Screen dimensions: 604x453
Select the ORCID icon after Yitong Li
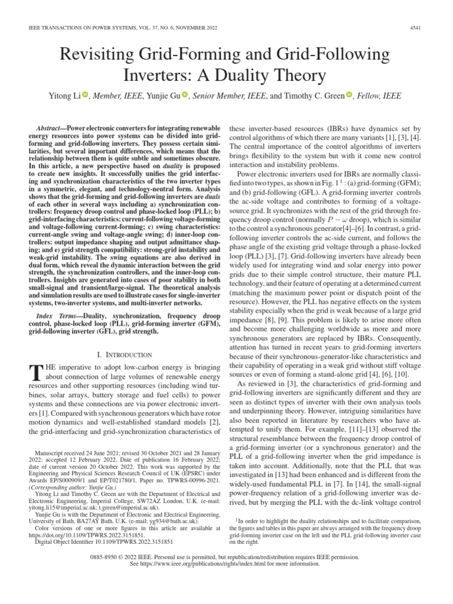pyautogui.click(x=85, y=94)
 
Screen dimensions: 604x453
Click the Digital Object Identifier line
pyautogui.click(x=104, y=541)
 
